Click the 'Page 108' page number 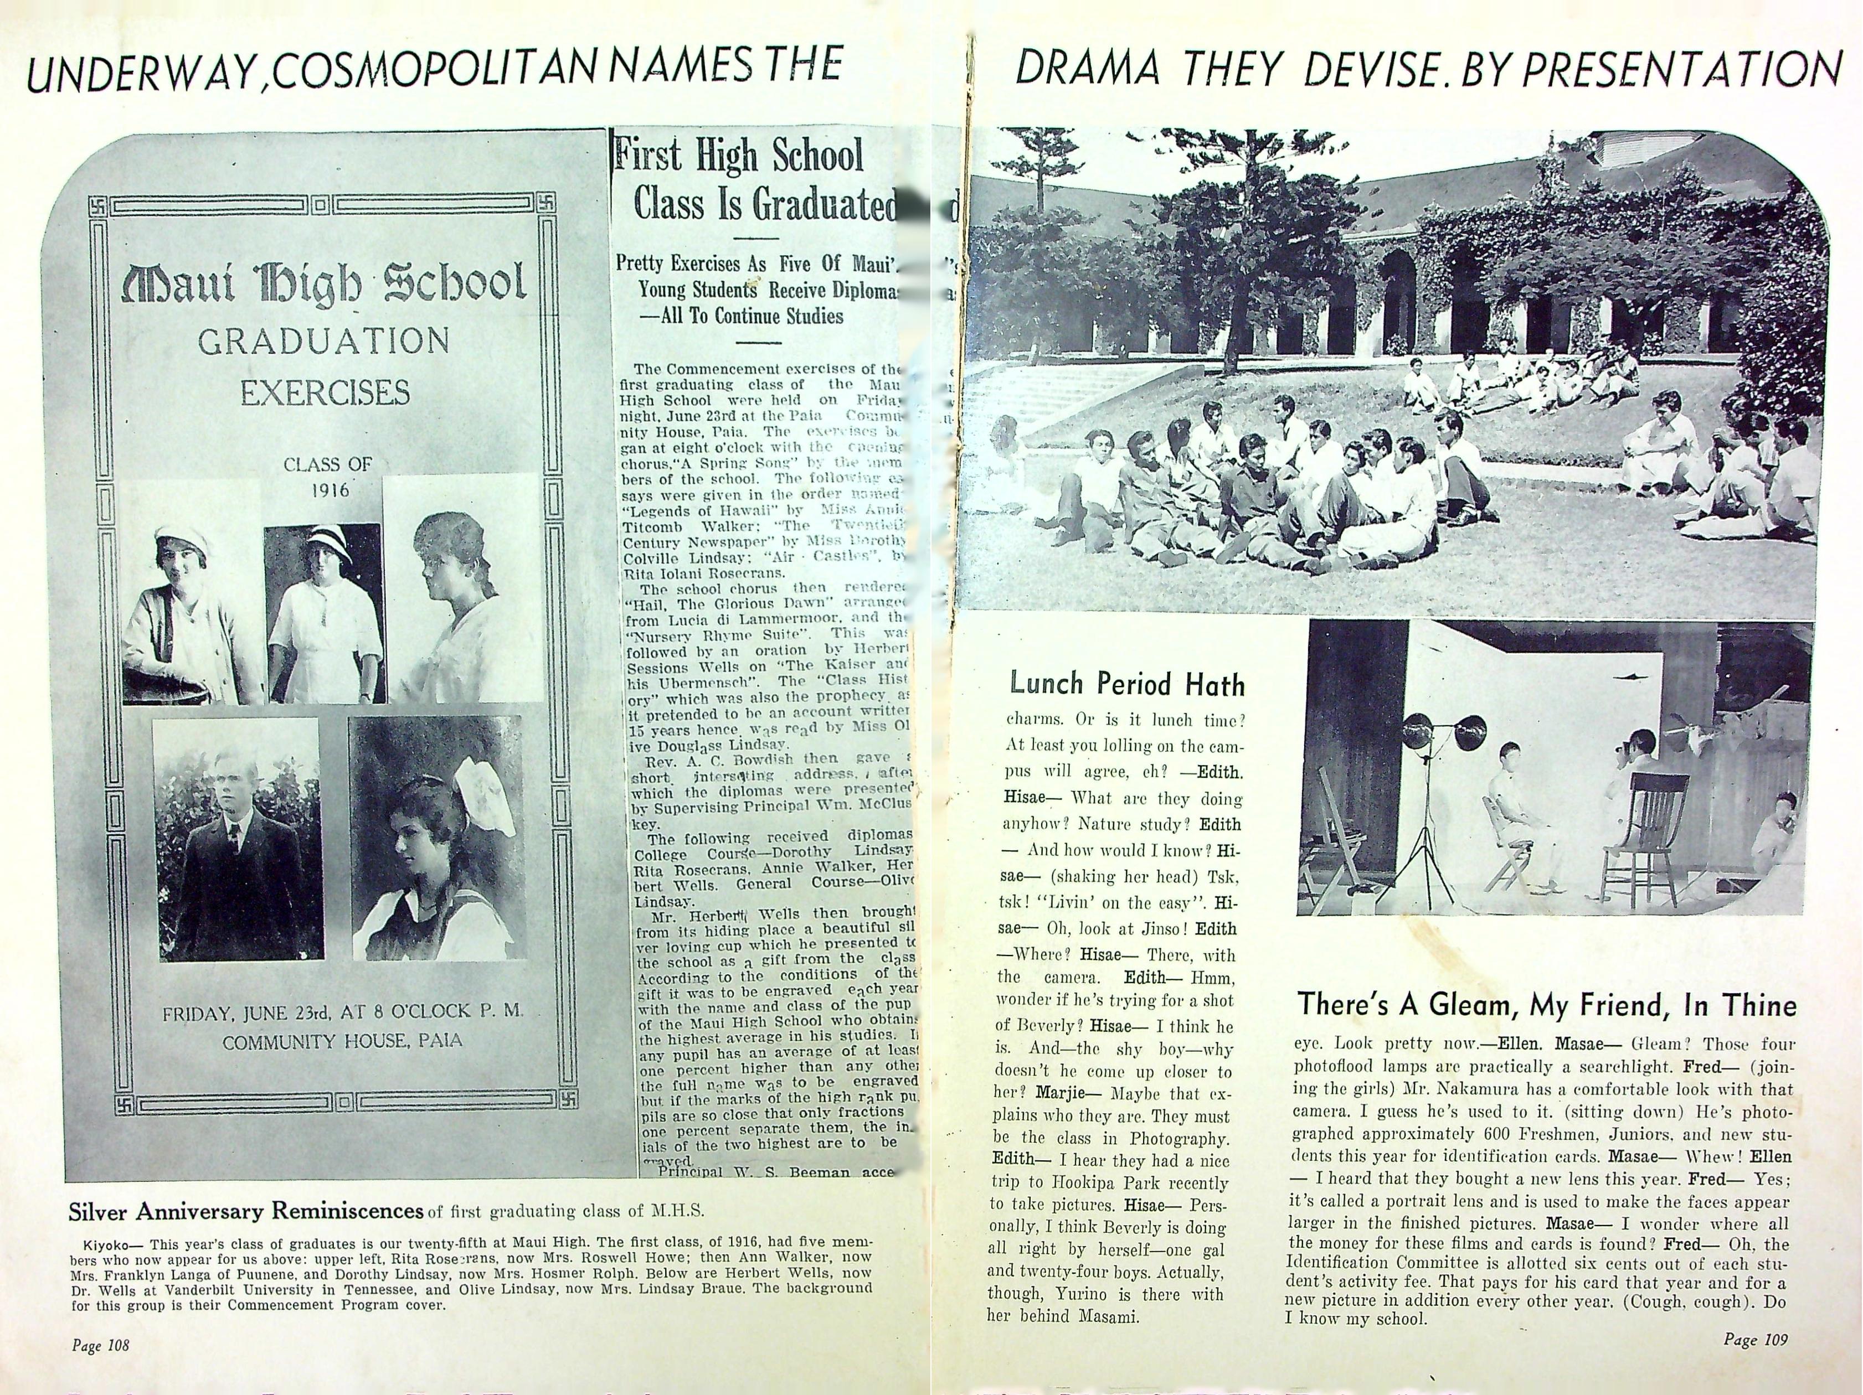[100, 1345]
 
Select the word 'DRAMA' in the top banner [1087, 70]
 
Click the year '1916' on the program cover [328, 490]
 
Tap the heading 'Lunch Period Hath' [1127, 684]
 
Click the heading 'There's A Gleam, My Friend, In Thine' [1546, 1005]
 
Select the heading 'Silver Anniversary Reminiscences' [245, 1211]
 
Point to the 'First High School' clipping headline [739, 156]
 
